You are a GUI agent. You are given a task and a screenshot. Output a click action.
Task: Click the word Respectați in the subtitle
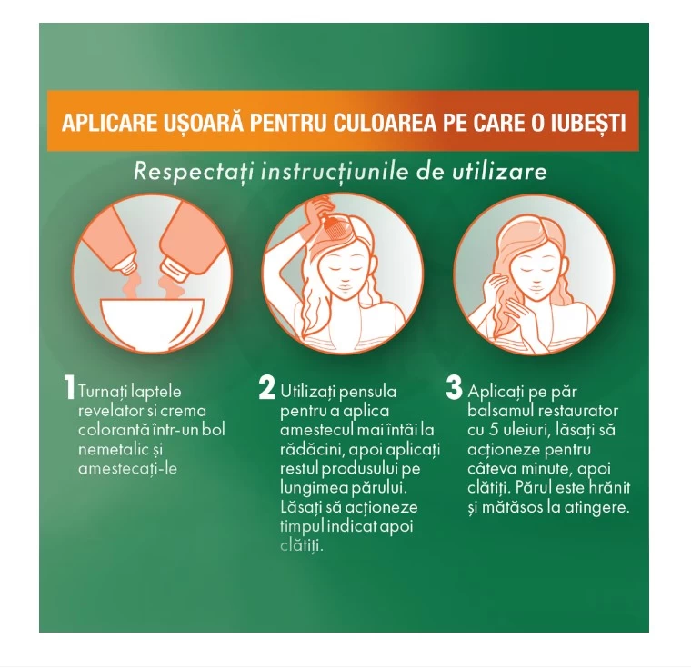tap(194, 172)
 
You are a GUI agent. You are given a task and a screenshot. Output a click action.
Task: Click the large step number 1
tap(69, 388)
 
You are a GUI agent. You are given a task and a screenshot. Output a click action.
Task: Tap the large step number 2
tap(266, 388)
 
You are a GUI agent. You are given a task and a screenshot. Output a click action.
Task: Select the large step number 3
tap(454, 387)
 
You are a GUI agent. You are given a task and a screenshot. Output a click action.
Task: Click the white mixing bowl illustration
tap(153, 323)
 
